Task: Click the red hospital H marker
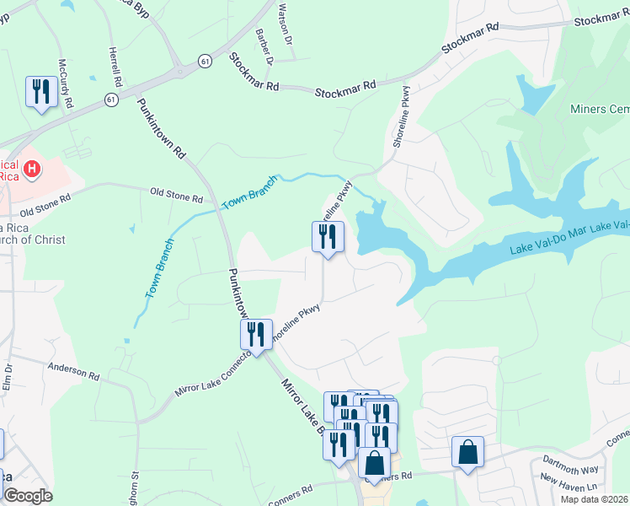[x=32, y=170]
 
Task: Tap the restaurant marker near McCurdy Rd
[x=40, y=92]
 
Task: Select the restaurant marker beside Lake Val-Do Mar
[x=328, y=236]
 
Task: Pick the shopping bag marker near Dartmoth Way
[x=467, y=452]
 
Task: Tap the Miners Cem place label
[x=599, y=110]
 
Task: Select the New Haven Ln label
[x=569, y=484]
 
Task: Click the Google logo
[x=27, y=496]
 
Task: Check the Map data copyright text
[x=595, y=499]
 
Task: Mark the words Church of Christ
[x=33, y=239]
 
